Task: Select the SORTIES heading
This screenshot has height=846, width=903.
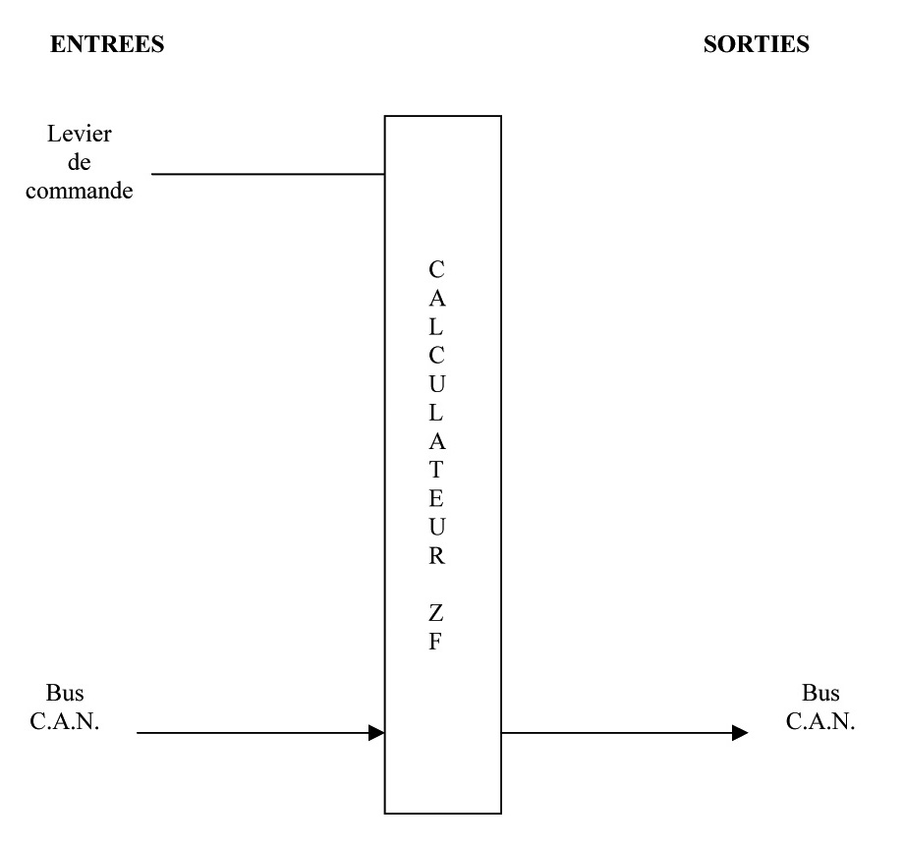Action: (757, 47)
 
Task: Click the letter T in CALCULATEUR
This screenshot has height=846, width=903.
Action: (437, 469)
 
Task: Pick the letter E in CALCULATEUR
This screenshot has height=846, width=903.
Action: (437, 498)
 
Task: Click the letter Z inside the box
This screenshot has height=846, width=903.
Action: (437, 615)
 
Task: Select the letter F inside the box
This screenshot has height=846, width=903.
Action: (437, 645)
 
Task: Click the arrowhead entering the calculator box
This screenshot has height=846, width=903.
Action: (375, 732)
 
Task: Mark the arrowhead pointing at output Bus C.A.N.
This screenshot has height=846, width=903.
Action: (739, 732)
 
